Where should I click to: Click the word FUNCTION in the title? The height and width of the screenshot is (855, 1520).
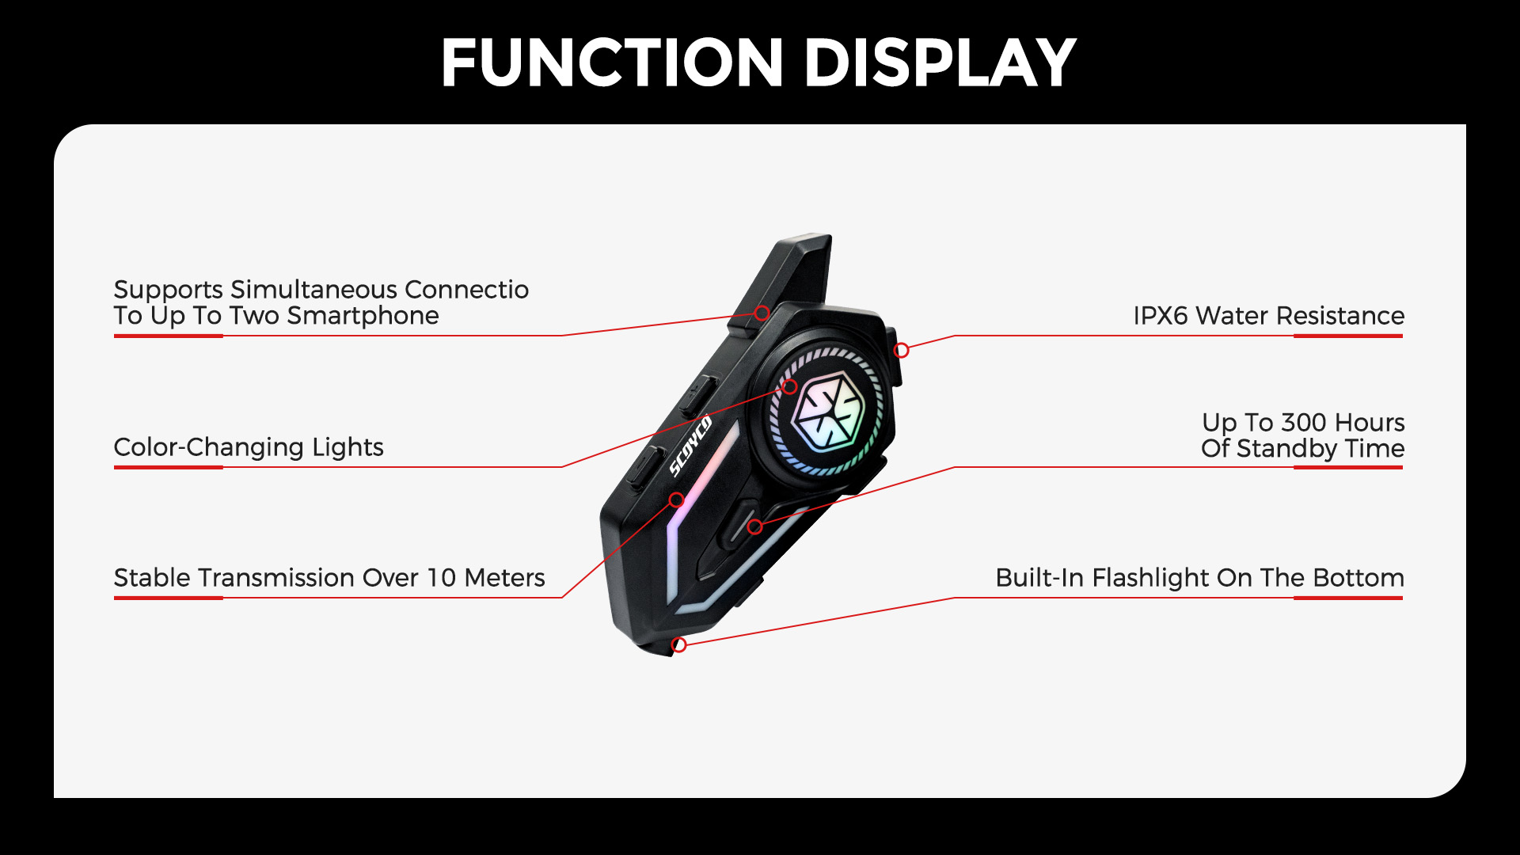coord(612,63)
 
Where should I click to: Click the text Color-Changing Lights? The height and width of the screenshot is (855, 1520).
coord(249,448)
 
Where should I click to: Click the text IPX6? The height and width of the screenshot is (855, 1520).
coord(1160,316)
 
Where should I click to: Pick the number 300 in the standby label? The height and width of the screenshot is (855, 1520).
coord(1306,422)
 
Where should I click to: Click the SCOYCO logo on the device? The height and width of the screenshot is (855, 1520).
coord(690,446)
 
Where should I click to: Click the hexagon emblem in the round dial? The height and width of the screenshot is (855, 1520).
coord(827,411)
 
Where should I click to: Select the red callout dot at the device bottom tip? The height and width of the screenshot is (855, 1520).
coord(678,645)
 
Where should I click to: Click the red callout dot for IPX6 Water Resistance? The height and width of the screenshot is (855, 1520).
coord(902,350)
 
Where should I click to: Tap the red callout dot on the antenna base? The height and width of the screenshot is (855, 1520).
coord(762,313)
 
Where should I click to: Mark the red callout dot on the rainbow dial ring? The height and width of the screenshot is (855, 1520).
coord(789,387)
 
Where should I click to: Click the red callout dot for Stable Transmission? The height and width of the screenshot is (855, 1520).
coord(676,500)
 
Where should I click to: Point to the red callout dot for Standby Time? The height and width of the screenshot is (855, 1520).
coord(755,526)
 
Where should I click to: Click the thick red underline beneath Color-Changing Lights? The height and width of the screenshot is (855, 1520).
coord(169,467)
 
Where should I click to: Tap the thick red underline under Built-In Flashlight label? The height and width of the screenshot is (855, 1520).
coord(1348,598)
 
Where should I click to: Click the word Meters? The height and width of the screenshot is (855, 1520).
coord(504,578)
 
